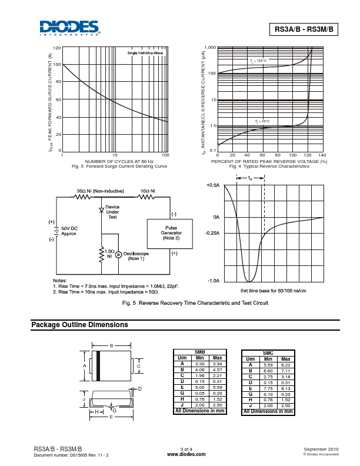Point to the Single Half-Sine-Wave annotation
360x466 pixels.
145,54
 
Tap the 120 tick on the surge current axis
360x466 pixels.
57,48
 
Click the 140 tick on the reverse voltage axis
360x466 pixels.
322,155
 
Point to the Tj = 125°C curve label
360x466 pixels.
258,61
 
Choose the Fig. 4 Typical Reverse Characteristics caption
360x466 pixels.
269,167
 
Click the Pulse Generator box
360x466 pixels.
171,233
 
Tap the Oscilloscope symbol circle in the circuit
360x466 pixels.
118,255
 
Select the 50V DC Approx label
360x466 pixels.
69,231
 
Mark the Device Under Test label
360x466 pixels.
112,212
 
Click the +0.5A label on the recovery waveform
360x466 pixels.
212,185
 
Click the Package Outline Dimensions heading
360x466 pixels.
79,325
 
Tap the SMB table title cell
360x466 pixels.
200,352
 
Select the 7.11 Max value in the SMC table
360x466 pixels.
286,372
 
